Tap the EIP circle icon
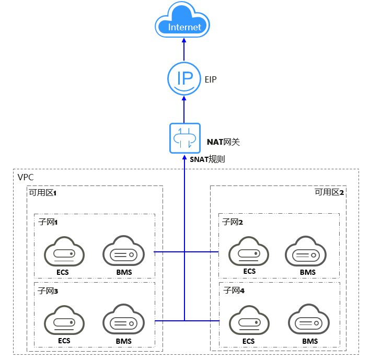click(183, 79)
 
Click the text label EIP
click(211, 80)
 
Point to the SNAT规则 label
click(207, 159)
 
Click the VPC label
click(26, 177)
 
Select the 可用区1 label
click(43, 192)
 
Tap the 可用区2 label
click(329, 192)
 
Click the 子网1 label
click(48, 222)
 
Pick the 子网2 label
click(233, 222)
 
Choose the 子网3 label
click(48, 291)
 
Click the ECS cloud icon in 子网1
click(63, 252)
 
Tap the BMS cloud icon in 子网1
click(123, 252)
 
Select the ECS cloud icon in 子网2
click(249, 252)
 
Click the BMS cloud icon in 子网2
click(307, 253)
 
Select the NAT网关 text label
click(223, 142)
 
